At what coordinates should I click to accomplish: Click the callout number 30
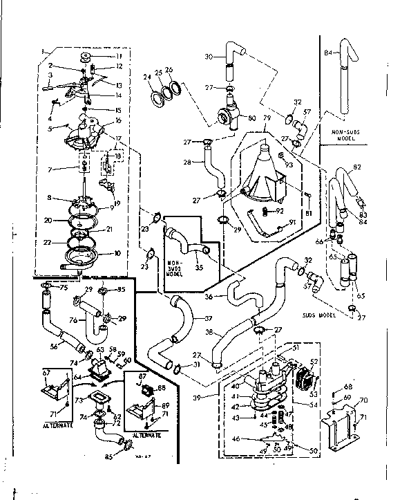click(x=209, y=57)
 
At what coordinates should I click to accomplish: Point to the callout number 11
click(x=117, y=55)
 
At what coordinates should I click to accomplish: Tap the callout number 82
click(x=357, y=167)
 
